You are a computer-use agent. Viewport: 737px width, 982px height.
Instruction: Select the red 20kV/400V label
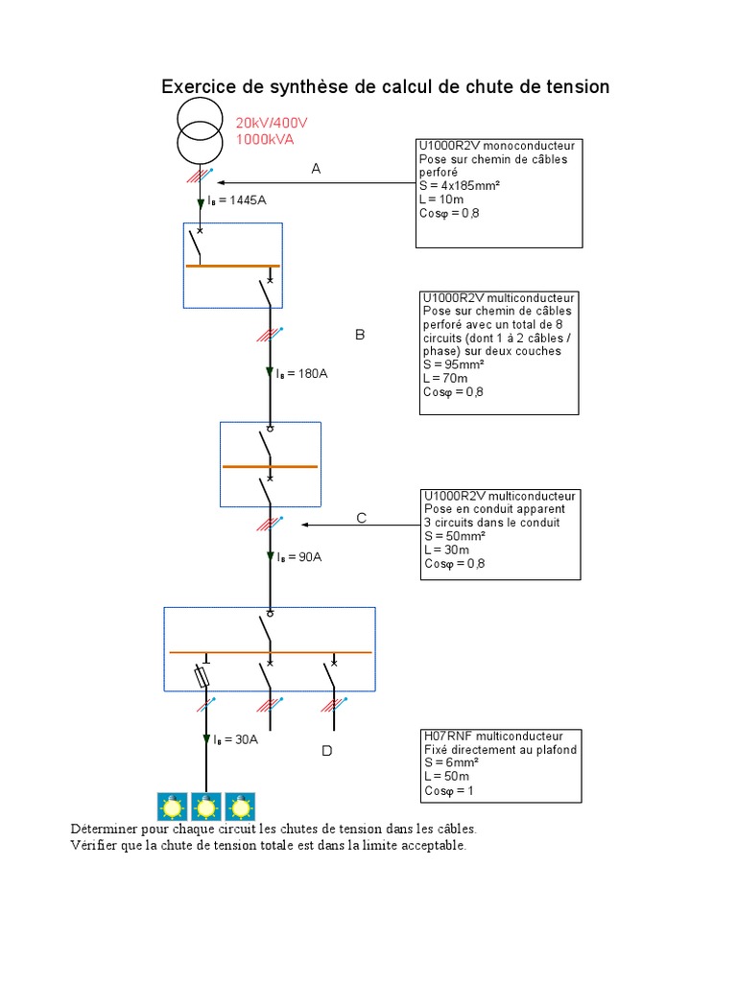click(272, 123)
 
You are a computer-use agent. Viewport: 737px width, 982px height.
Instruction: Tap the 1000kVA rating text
click(265, 140)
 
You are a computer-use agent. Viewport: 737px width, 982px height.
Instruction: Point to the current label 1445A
click(237, 200)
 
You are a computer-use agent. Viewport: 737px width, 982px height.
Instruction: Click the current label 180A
click(302, 374)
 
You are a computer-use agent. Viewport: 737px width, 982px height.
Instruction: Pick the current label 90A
click(299, 557)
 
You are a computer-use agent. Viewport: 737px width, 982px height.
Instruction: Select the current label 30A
click(236, 739)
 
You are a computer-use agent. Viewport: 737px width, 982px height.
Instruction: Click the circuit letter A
click(316, 169)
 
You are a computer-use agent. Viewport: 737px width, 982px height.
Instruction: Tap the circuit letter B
click(360, 335)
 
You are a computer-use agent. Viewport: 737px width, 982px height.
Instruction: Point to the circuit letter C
click(362, 518)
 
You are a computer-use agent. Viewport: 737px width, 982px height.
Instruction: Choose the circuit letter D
click(327, 750)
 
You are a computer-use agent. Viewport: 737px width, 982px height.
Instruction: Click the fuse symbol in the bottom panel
click(202, 677)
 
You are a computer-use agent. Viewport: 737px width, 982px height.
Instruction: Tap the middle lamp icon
click(206, 807)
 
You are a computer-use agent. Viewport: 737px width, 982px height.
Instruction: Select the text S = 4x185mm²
click(460, 186)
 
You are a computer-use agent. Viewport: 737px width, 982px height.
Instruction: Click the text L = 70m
click(445, 378)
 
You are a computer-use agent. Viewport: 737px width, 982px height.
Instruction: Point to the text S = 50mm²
click(455, 536)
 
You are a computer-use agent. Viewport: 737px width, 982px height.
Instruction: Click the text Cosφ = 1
click(449, 791)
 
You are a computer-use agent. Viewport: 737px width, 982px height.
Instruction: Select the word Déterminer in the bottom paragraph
click(104, 829)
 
